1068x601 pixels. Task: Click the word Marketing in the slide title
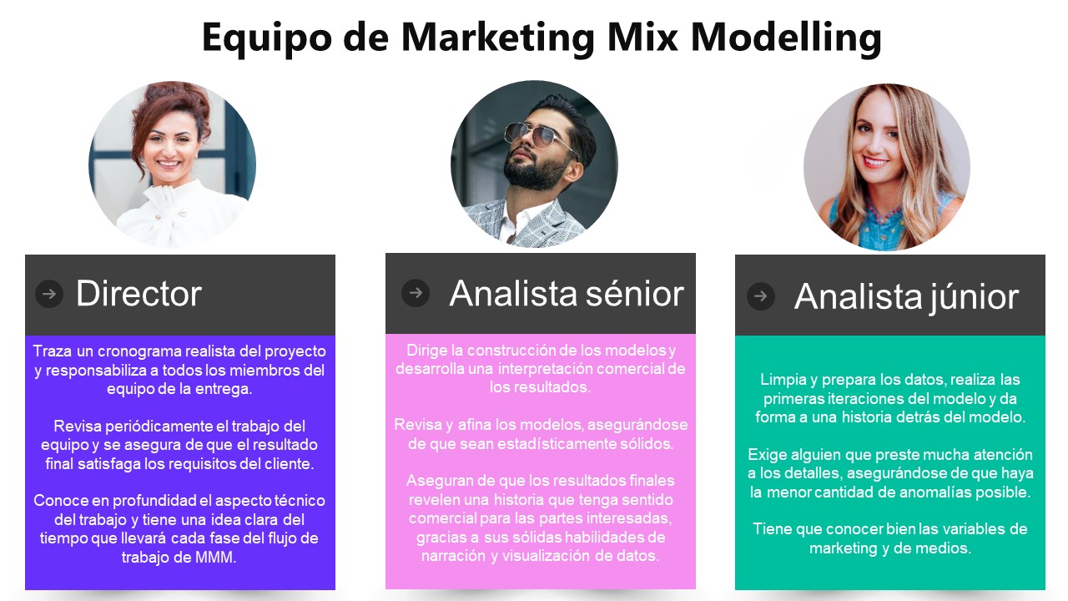coord(498,38)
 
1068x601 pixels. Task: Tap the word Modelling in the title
coord(786,38)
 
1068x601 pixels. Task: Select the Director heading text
coord(139,293)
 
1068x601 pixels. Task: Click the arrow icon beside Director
coord(49,294)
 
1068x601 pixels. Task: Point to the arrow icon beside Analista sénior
coord(416,292)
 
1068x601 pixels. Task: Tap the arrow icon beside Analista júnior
coord(760,296)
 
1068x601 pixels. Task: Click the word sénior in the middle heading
coord(635,293)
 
